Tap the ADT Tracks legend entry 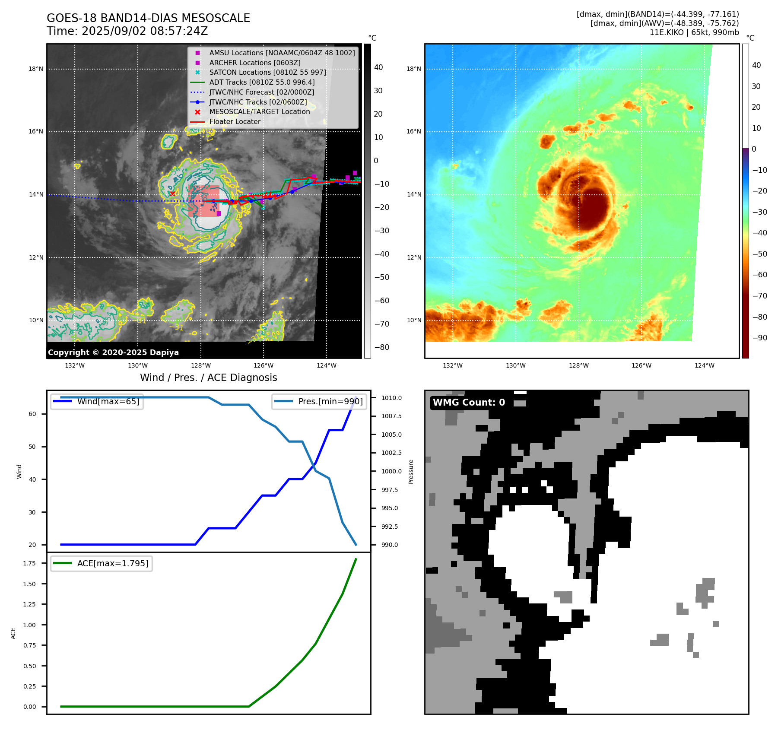coord(262,82)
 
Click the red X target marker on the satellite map coord(173,194)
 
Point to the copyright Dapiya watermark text coord(113,352)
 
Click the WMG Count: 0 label coord(469,403)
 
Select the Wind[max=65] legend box coord(97,401)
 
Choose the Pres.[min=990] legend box coord(319,401)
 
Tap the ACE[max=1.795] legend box coord(102,563)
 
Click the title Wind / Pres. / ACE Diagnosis coord(208,378)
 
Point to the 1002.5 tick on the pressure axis coord(391,453)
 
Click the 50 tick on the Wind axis coord(32,447)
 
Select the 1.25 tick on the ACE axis coord(29,604)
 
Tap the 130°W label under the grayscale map coord(138,365)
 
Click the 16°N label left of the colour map coord(413,132)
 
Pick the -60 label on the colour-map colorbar coord(759,275)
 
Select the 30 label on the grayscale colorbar coord(378,91)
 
